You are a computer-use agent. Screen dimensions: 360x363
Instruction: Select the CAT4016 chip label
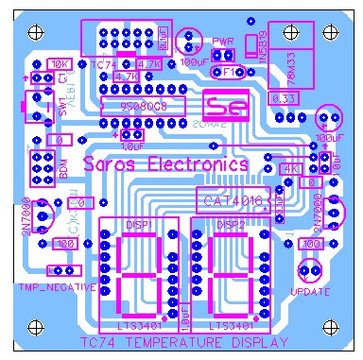(x=230, y=199)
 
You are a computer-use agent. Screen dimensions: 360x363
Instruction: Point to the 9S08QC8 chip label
(x=141, y=106)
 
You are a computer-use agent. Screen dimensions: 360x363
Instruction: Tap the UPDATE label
(x=309, y=292)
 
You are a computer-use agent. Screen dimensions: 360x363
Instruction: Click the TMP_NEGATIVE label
(x=57, y=285)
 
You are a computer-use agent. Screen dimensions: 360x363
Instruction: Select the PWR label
(x=222, y=42)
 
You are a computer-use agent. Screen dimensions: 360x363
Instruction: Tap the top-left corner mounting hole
(x=36, y=32)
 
